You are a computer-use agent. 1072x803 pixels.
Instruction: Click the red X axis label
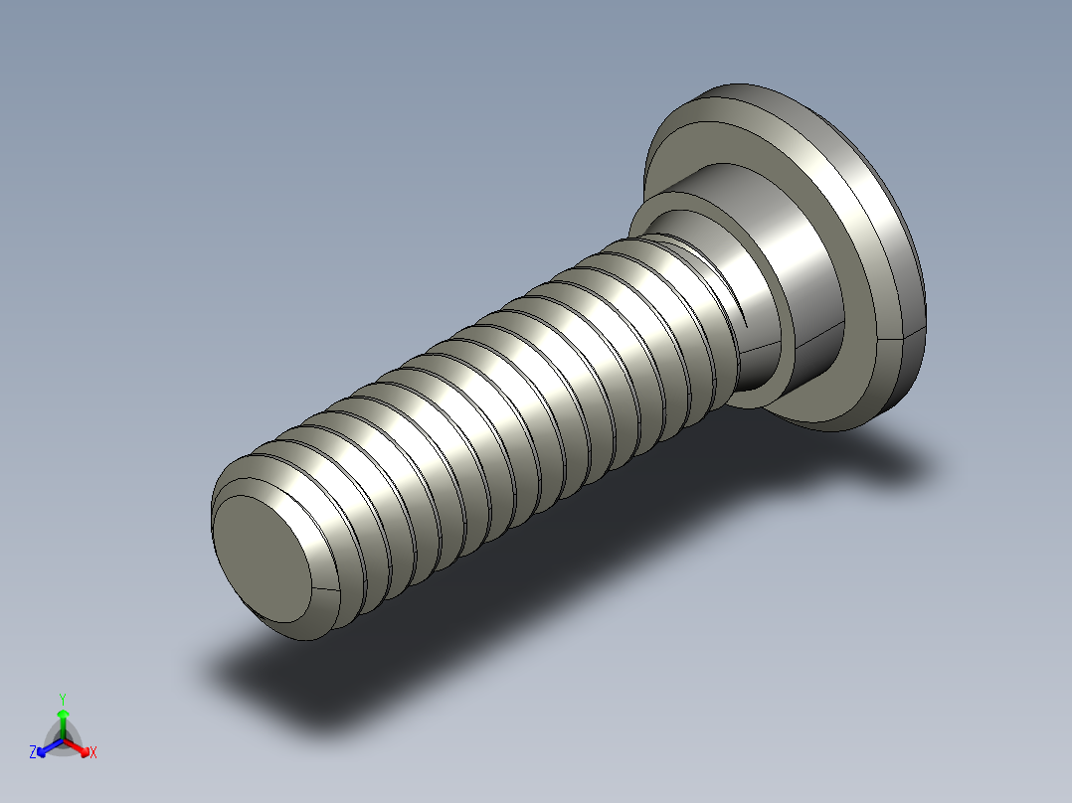click(93, 753)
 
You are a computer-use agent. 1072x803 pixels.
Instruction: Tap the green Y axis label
click(63, 699)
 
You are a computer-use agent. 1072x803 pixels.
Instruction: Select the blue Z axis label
click(33, 753)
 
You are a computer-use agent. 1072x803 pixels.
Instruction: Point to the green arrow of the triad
click(63, 720)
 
